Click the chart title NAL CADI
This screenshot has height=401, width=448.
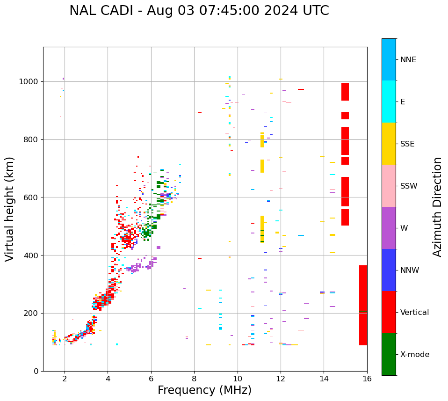[199, 11]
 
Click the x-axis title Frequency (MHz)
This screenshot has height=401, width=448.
[204, 390]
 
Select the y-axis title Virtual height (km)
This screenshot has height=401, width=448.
[10, 209]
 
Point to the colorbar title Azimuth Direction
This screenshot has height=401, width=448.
[437, 207]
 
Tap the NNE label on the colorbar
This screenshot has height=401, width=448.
[408, 60]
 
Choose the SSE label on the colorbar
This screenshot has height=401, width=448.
[407, 144]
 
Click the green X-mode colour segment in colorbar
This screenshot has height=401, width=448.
[389, 354]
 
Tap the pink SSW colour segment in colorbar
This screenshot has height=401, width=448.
[389, 186]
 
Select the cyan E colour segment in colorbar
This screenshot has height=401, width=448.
[389, 102]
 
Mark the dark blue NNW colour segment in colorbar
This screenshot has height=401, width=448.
[389, 270]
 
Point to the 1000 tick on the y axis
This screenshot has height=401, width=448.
[30, 82]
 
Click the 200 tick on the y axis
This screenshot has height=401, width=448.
[32, 313]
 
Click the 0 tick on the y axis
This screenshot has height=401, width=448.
[36, 371]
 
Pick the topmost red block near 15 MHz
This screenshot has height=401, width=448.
[345, 92]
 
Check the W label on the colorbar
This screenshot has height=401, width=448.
[404, 228]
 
